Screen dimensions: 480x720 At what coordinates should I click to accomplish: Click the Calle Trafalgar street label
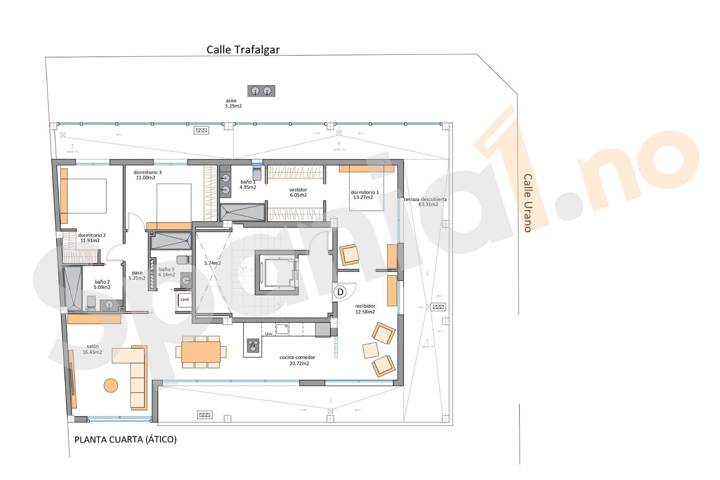243,49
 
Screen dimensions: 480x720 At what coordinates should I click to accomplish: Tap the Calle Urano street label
528,203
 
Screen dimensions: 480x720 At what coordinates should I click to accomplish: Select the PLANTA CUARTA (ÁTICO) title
126,440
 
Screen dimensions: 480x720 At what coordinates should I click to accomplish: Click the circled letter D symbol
340,292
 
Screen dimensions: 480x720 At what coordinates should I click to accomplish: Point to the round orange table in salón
111,386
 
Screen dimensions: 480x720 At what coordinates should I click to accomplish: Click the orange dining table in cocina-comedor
201,352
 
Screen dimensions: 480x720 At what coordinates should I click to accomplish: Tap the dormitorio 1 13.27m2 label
364,195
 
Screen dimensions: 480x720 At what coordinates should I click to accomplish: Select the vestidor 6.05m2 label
298,193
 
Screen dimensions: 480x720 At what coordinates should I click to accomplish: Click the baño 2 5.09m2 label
102,284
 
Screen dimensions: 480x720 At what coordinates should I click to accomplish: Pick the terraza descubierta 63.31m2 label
425,202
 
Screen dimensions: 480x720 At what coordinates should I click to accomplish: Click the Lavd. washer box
184,300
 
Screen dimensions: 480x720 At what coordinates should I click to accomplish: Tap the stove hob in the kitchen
253,345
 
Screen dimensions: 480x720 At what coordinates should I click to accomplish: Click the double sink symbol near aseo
261,91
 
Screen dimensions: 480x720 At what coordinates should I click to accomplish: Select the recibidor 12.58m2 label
365,309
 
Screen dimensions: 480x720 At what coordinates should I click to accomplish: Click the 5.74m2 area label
212,263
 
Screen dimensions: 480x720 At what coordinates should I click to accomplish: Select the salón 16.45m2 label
92,349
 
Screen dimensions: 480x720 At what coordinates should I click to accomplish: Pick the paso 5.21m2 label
137,275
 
